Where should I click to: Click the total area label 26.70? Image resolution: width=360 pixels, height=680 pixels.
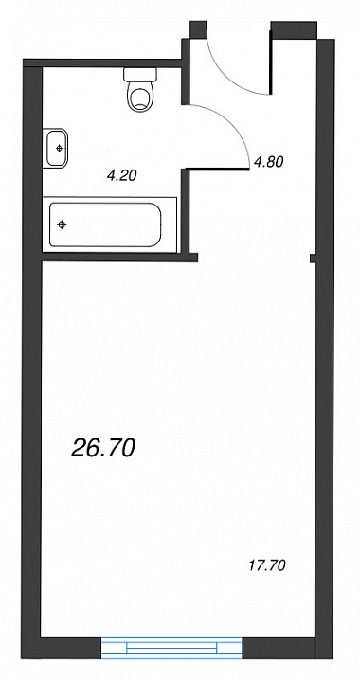click(x=103, y=448)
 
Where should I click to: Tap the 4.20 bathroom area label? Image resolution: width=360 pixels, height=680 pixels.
click(x=121, y=175)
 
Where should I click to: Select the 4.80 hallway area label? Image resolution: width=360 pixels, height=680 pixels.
click(x=269, y=162)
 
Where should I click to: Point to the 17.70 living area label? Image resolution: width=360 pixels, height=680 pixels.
click(x=267, y=565)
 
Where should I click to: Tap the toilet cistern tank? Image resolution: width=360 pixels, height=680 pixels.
click(x=140, y=75)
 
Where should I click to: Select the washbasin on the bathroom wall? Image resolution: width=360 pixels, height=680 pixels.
click(x=56, y=148)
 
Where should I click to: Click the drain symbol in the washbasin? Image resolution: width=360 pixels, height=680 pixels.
click(x=59, y=149)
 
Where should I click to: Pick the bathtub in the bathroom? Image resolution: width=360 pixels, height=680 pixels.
click(x=110, y=224)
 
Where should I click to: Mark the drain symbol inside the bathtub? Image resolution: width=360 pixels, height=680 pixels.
click(x=62, y=224)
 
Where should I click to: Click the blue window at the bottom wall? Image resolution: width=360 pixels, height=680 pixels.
click(x=171, y=649)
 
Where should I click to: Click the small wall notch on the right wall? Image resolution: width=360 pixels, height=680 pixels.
click(x=314, y=259)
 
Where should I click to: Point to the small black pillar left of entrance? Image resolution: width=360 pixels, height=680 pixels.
click(x=197, y=29)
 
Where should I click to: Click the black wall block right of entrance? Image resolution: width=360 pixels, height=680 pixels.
click(x=294, y=30)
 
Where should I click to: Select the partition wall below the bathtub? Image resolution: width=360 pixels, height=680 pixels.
click(x=119, y=258)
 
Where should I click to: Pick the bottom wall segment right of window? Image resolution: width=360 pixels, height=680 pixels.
click(x=279, y=648)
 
